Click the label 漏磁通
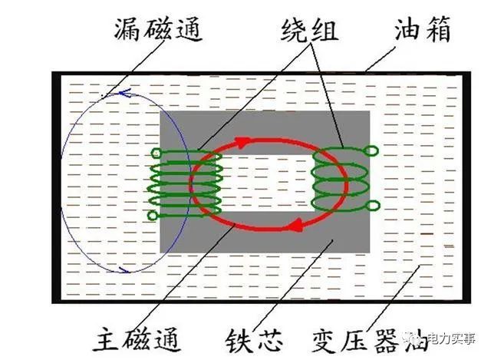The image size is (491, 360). [x=158, y=30]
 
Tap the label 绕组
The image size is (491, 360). [x=309, y=31]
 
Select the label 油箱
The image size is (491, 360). [x=423, y=29]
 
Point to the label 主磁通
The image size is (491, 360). [x=137, y=339]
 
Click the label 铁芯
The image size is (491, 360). [x=254, y=341]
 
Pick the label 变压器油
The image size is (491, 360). [x=370, y=341]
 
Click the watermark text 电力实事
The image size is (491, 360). [x=451, y=339]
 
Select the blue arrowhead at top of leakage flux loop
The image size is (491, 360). [x=124, y=93]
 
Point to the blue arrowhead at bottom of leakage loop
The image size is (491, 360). [x=124, y=269]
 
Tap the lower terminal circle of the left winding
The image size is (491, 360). [x=153, y=216]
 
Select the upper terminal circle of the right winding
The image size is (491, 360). [x=371, y=151]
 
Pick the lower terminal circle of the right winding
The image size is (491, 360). [x=374, y=206]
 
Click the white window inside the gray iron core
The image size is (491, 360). [x=269, y=183]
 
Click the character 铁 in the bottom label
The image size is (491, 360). [x=239, y=341]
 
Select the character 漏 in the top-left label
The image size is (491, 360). [x=127, y=30]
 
